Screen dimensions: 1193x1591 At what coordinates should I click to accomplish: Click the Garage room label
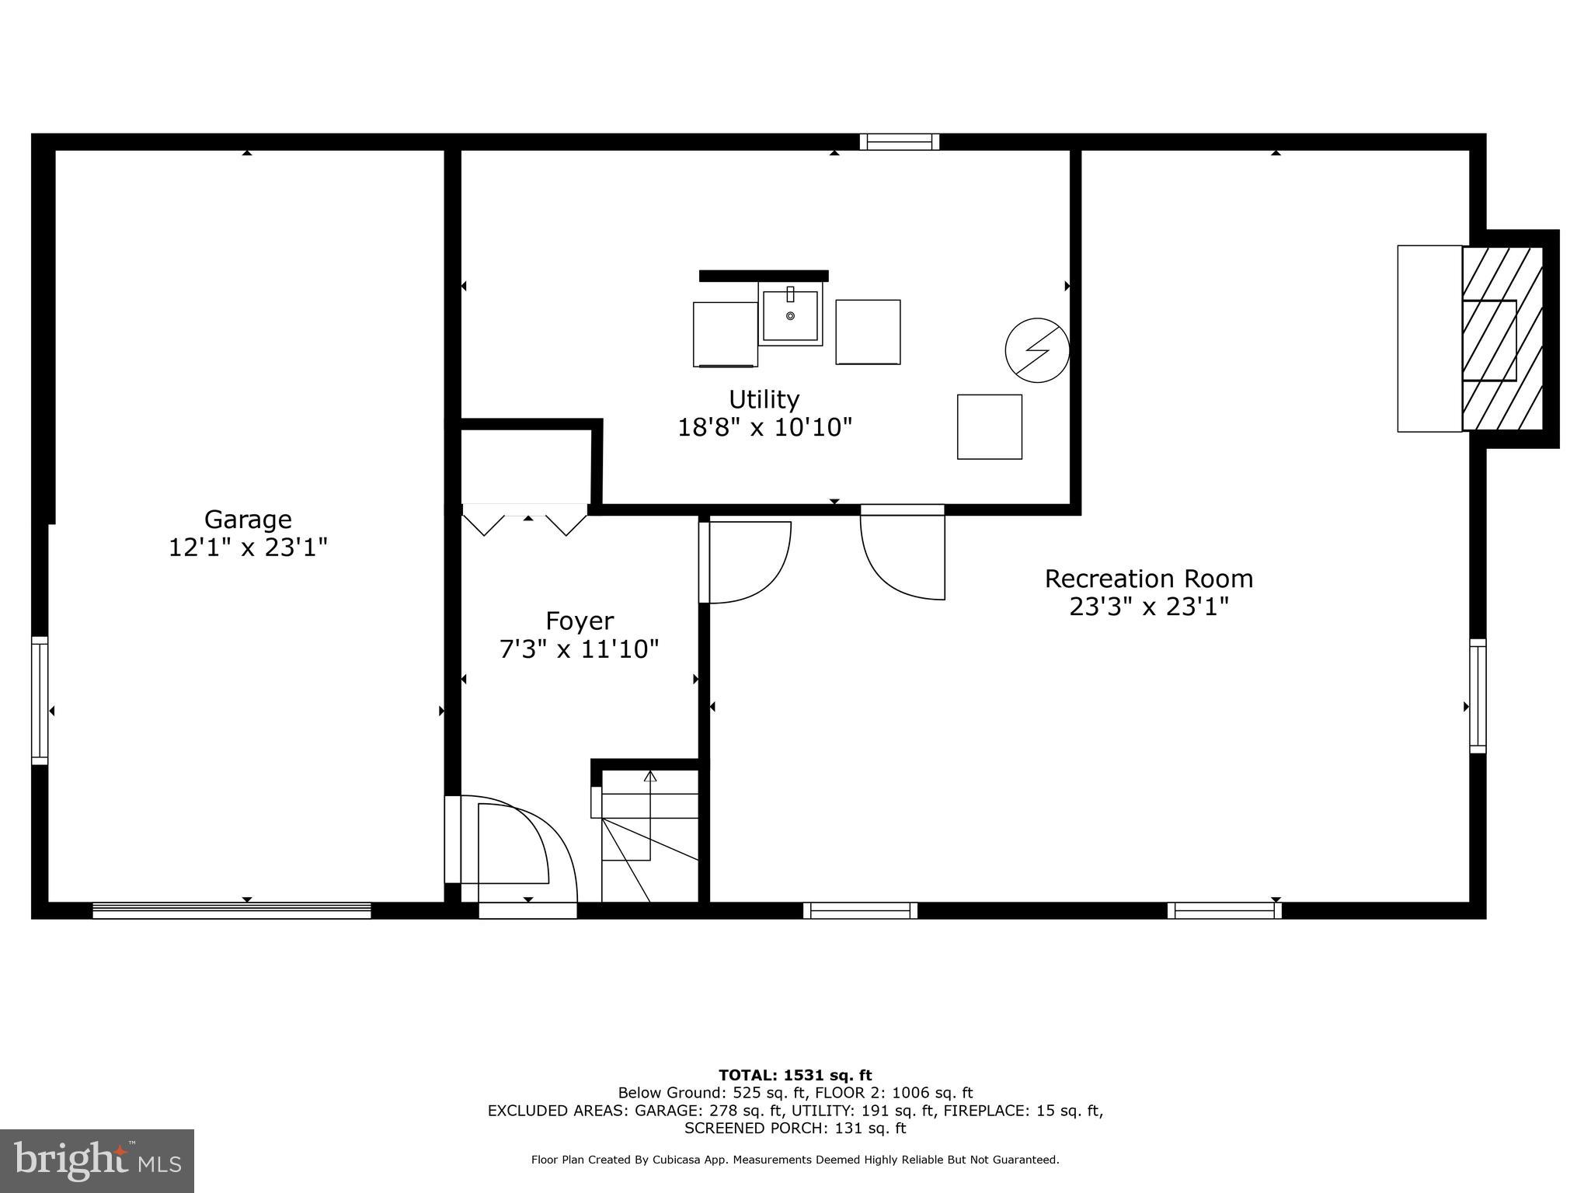248,519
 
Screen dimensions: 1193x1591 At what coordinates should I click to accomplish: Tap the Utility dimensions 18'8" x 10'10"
764,427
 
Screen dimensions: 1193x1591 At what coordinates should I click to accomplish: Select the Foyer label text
580,621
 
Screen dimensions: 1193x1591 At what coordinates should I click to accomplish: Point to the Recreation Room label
1148,579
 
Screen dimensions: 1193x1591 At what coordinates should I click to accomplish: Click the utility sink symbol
790,315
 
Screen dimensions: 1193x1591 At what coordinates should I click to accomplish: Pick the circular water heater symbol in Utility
1036,350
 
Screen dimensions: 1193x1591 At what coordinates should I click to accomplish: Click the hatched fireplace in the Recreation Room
1501,339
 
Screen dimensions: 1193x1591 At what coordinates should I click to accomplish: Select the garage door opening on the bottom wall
232,910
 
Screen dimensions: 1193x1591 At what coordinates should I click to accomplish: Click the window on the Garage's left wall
40,701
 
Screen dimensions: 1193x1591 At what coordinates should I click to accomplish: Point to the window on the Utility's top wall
899,141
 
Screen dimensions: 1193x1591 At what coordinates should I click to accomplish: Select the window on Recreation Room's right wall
1477,696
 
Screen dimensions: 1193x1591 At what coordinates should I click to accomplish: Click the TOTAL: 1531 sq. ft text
795,1076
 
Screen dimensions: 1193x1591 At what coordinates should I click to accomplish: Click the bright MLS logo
96,1160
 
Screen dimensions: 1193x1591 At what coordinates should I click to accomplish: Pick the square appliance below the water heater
989,426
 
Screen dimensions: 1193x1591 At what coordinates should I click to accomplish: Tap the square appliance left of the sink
724,334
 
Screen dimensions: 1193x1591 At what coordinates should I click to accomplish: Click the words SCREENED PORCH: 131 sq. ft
795,1129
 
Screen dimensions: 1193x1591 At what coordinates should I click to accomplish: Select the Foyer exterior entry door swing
513,847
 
